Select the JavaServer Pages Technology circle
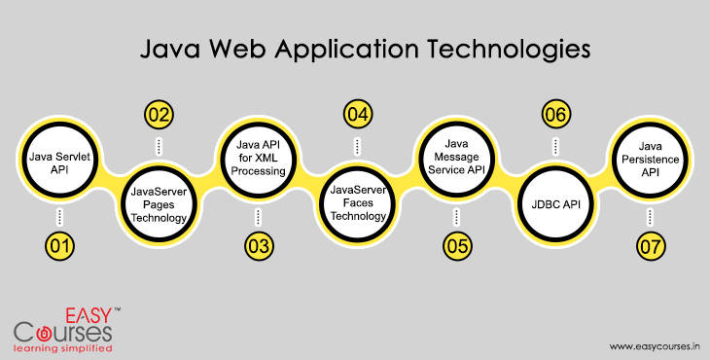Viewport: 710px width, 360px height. (158, 204)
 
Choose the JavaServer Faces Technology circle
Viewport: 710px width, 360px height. (356, 204)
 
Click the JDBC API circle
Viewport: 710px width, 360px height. (555, 204)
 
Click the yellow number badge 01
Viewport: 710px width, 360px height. (59, 246)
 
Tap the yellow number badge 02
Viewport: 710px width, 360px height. (159, 115)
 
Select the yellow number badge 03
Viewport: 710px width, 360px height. (258, 246)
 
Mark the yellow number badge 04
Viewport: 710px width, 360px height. (357, 115)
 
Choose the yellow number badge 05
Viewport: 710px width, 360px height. (456, 246)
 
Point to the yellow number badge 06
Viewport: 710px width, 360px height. (555, 115)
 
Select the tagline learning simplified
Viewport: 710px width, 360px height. (63, 346)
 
